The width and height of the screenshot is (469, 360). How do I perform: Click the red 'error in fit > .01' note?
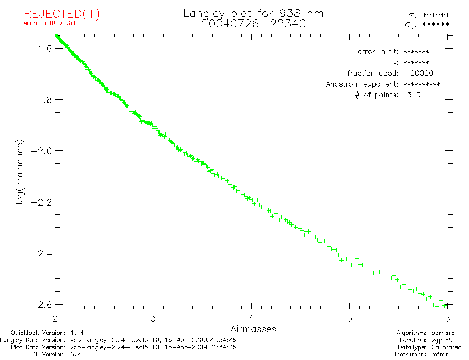click(49, 24)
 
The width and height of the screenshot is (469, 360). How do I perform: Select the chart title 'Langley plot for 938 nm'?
click(253, 14)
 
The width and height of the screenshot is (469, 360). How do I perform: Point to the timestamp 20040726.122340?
click(253, 24)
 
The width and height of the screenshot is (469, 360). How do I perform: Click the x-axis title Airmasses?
click(253, 329)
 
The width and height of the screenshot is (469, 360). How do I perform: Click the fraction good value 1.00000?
click(418, 73)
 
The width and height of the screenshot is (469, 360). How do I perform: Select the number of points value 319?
click(414, 95)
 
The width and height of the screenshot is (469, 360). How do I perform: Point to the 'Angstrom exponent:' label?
click(362, 84)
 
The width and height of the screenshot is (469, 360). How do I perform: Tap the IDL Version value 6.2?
click(75, 354)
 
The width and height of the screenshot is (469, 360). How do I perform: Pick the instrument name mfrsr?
click(441, 354)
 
